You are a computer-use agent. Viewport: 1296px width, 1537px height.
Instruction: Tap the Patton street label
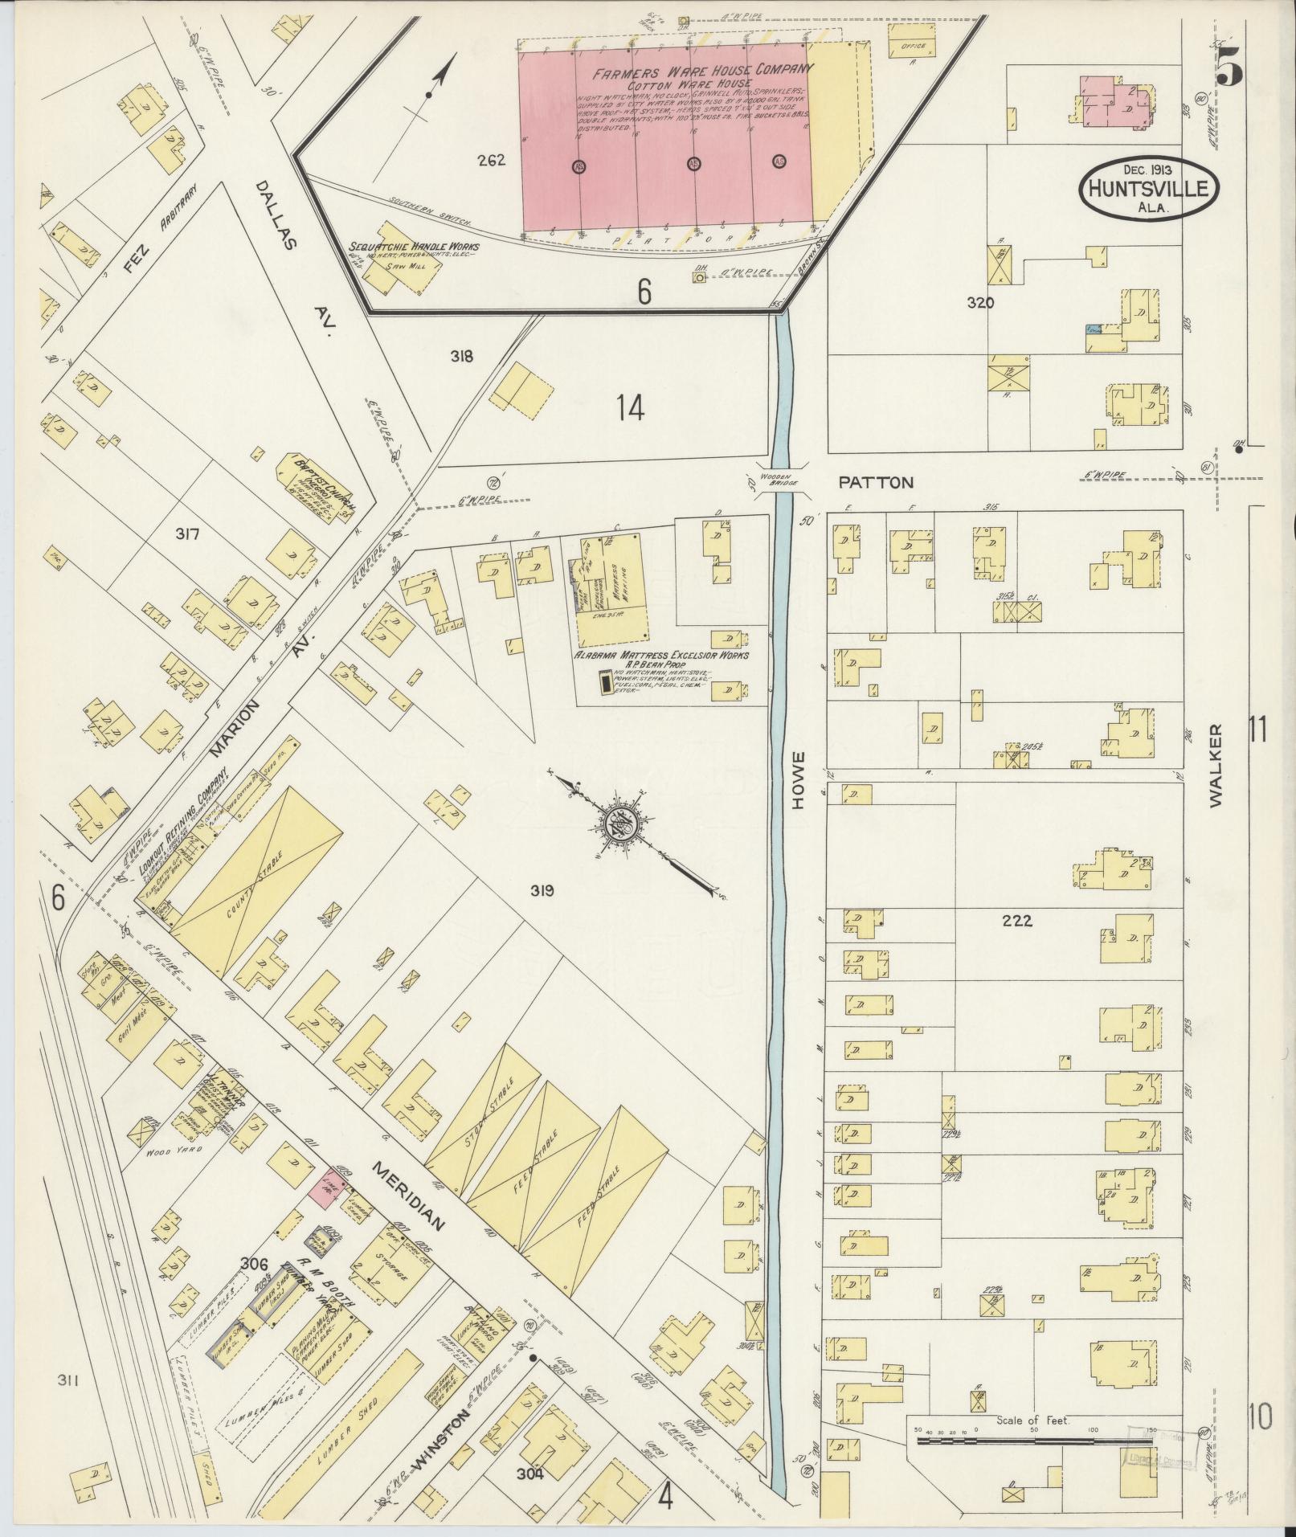(876, 483)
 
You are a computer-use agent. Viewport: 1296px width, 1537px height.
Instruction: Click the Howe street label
(799, 779)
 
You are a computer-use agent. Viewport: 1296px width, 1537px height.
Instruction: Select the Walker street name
(1214, 765)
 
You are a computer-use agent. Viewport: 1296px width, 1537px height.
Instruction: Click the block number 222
(1016, 921)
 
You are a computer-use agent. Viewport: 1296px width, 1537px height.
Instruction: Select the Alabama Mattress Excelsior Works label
(660, 655)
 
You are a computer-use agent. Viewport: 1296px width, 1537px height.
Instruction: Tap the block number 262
(490, 160)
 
